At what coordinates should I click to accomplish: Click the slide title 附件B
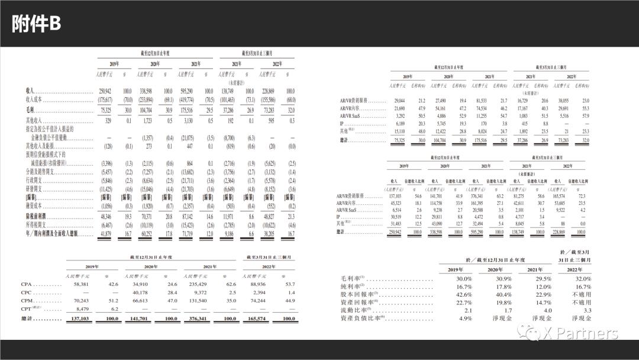click(37, 24)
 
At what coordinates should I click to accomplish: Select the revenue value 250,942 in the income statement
click(105, 91)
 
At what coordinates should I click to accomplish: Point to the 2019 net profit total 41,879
click(105, 235)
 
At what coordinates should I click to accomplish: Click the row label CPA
click(27, 285)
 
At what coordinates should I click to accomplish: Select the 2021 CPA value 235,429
click(196, 285)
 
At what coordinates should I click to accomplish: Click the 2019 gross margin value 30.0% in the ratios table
click(464, 279)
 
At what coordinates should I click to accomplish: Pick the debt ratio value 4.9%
click(464, 318)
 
